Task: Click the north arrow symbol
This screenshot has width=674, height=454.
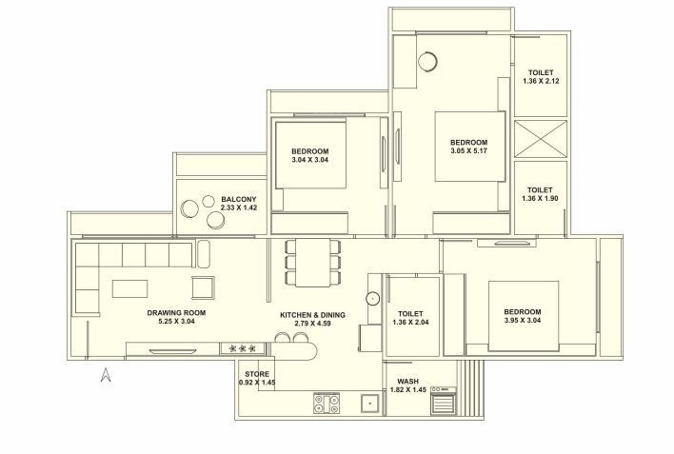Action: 108,375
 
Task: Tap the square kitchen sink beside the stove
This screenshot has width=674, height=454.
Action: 367,404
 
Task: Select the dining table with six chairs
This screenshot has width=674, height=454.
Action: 311,261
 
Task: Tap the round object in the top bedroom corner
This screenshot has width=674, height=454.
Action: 426,60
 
